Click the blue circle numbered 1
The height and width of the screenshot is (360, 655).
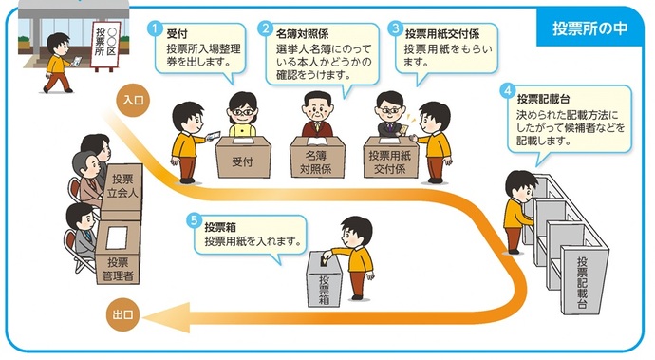(x=154, y=30)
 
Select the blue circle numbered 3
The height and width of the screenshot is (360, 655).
(x=394, y=30)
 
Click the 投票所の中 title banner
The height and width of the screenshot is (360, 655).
(x=589, y=28)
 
